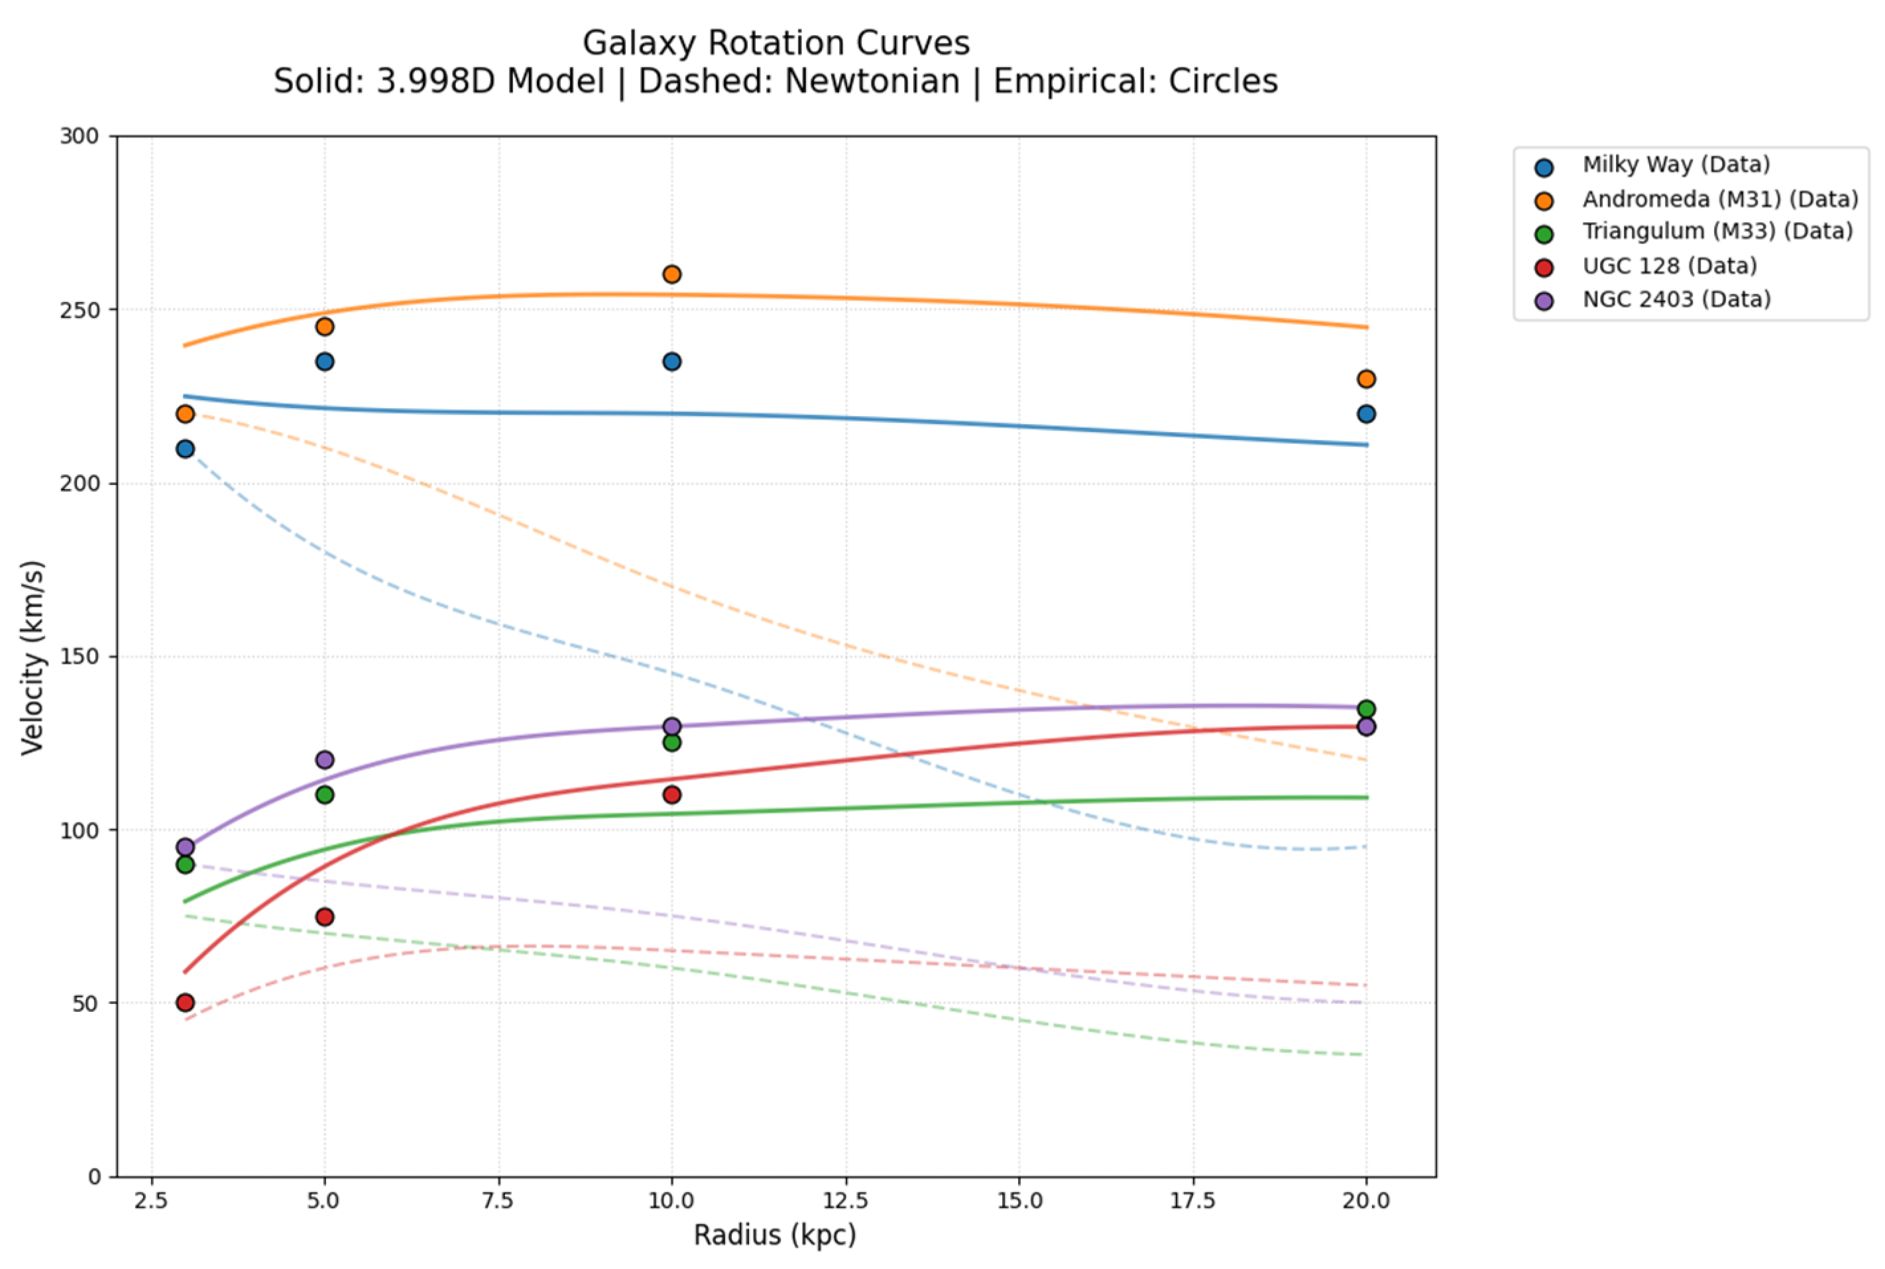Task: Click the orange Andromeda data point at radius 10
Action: [671, 274]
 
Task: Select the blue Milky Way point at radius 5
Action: [325, 362]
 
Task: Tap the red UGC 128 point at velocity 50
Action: [186, 1002]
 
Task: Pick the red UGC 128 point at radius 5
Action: [325, 916]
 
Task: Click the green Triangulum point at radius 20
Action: [1365, 709]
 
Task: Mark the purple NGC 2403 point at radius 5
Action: [325, 760]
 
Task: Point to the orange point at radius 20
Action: [1365, 379]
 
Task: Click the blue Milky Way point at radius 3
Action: [186, 449]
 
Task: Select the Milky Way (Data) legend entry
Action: [1676, 165]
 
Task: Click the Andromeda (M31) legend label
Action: [1719, 199]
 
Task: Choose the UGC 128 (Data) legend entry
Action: [1669, 266]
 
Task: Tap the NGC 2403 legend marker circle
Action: [1544, 301]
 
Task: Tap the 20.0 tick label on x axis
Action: [1365, 1200]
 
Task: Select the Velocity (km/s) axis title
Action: [32, 657]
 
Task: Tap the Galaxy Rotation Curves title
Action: [775, 43]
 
